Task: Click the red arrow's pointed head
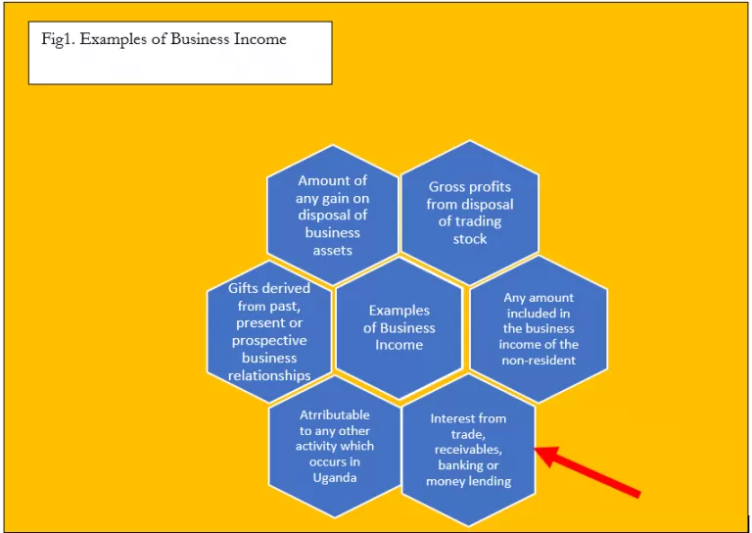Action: [536, 450]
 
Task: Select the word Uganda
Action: [335, 478]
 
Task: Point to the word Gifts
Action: [244, 288]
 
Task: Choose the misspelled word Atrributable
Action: [335, 414]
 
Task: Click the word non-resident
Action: [539, 360]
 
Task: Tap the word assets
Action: [333, 250]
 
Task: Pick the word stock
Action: [470, 238]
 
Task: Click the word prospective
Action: [269, 341]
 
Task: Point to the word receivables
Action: [468, 450]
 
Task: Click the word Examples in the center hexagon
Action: [399, 311]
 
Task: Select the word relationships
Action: [269, 375]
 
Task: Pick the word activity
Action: [335, 446]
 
